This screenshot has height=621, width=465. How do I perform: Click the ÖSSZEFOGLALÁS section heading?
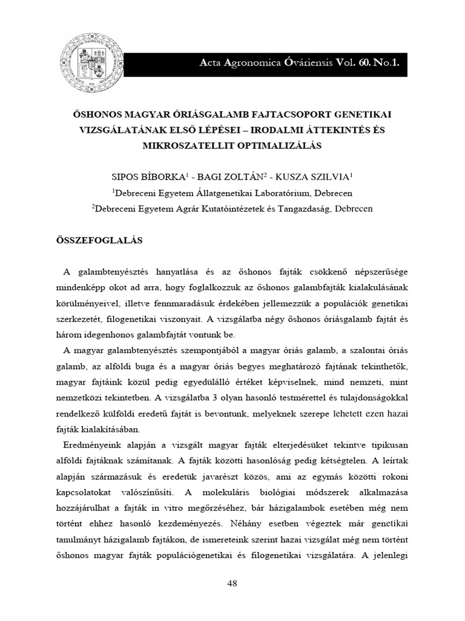point(99,240)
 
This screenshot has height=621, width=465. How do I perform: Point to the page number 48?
point(232,583)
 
